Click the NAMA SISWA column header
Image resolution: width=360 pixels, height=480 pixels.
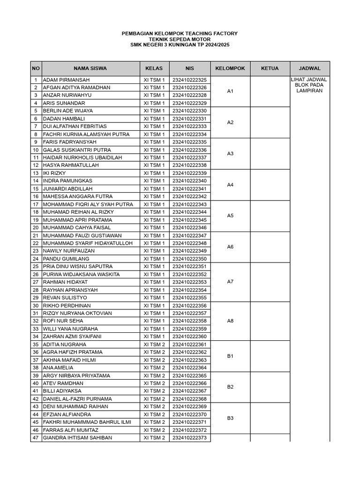pyautogui.click(x=90, y=68)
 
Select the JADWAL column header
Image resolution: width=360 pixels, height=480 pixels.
pyautogui.click(x=309, y=68)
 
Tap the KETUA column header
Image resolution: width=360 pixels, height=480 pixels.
pyautogui.click(x=270, y=68)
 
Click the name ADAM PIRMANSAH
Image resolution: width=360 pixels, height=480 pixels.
pyautogui.click(x=66, y=80)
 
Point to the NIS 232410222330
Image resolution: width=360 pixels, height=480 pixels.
pyautogui.click(x=189, y=111)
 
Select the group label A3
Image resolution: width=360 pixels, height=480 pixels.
pyautogui.click(x=230, y=154)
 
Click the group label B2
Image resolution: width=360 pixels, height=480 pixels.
pyautogui.click(x=230, y=387)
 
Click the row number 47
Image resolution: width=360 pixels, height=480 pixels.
pyautogui.click(x=36, y=438)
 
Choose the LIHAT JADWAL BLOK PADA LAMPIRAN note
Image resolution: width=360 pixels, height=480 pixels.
pyautogui.click(x=309, y=85)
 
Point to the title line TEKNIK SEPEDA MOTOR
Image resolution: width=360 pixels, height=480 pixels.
pyautogui.click(x=180, y=39)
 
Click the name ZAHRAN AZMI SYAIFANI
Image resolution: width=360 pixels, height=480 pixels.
pyautogui.click(x=72, y=337)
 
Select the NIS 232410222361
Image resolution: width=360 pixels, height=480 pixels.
pyautogui.click(x=189, y=345)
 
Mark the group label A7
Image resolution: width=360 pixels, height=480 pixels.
pyautogui.click(x=230, y=282)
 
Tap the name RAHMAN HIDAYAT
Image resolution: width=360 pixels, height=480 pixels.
pyautogui.click(x=65, y=282)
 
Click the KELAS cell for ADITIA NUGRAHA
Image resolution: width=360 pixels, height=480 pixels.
pyautogui.click(x=154, y=345)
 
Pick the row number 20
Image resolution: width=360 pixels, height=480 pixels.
pyautogui.click(x=36, y=228)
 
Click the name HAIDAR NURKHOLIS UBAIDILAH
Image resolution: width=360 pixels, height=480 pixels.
pyautogui.click(x=82, y=157)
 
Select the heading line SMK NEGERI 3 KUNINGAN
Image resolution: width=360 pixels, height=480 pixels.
pyautogui.click(x=180, y=45)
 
